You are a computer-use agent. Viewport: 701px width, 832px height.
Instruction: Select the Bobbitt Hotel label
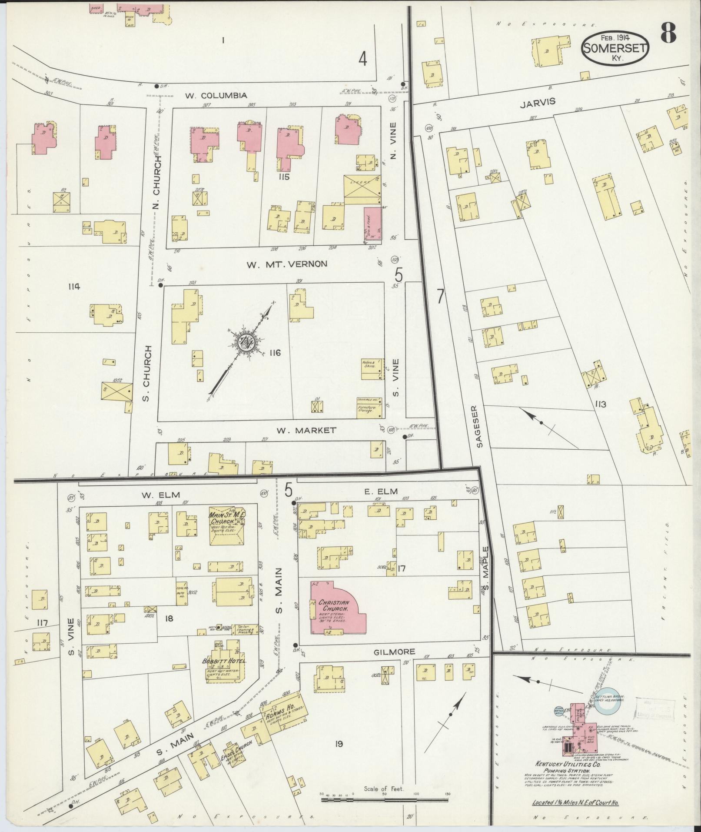tap(224, 673)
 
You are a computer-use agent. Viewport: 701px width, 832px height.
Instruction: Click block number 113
tap(601, 404)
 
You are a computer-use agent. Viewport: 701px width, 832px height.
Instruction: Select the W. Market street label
tap(307, 430)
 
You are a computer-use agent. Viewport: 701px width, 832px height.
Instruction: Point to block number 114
tap(74, 286)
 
